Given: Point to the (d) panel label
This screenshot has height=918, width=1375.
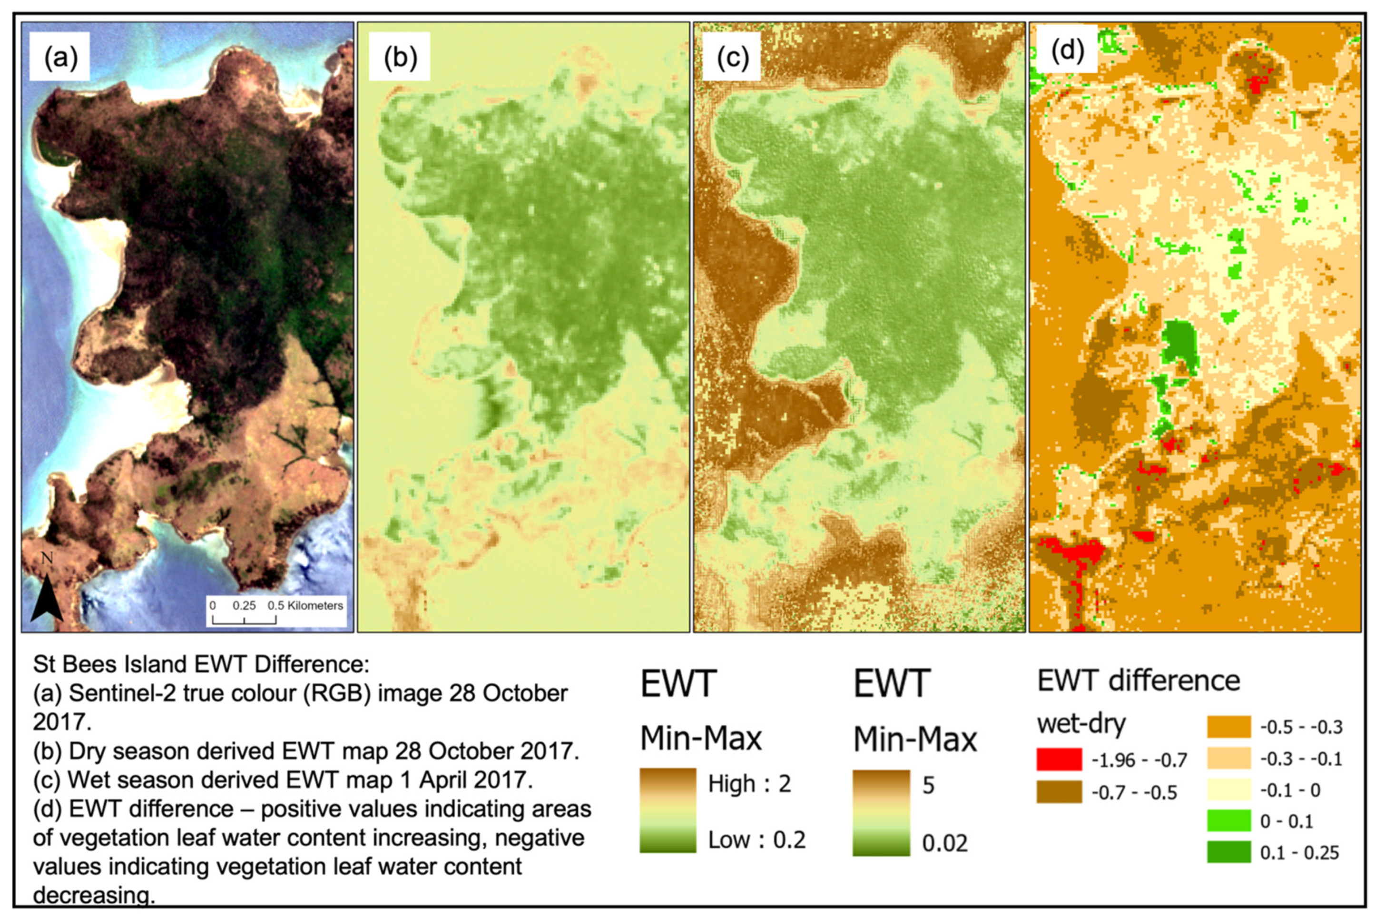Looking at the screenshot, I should point(1068,51).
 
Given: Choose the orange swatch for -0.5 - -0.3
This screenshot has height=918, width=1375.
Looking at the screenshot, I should point(1228,727).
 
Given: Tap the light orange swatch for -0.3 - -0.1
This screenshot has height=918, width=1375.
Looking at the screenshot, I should point(1228,759).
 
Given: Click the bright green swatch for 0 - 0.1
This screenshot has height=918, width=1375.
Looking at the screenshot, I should point(1228,821).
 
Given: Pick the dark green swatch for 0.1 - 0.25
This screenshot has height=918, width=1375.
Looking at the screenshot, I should point(1228,852).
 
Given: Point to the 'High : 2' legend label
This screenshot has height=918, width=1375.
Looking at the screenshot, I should point(749,783).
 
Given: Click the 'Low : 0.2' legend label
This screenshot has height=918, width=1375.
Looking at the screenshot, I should point(756,840).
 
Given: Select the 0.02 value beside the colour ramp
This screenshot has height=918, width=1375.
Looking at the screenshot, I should point(944,843).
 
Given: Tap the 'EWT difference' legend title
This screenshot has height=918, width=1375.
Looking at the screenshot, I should point(1139,681).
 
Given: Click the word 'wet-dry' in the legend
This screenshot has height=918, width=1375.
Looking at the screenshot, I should point(1081,724).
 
